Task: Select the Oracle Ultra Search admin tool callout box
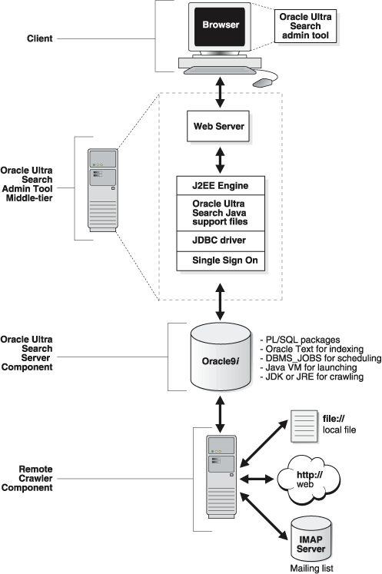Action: (x=306, y=26)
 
